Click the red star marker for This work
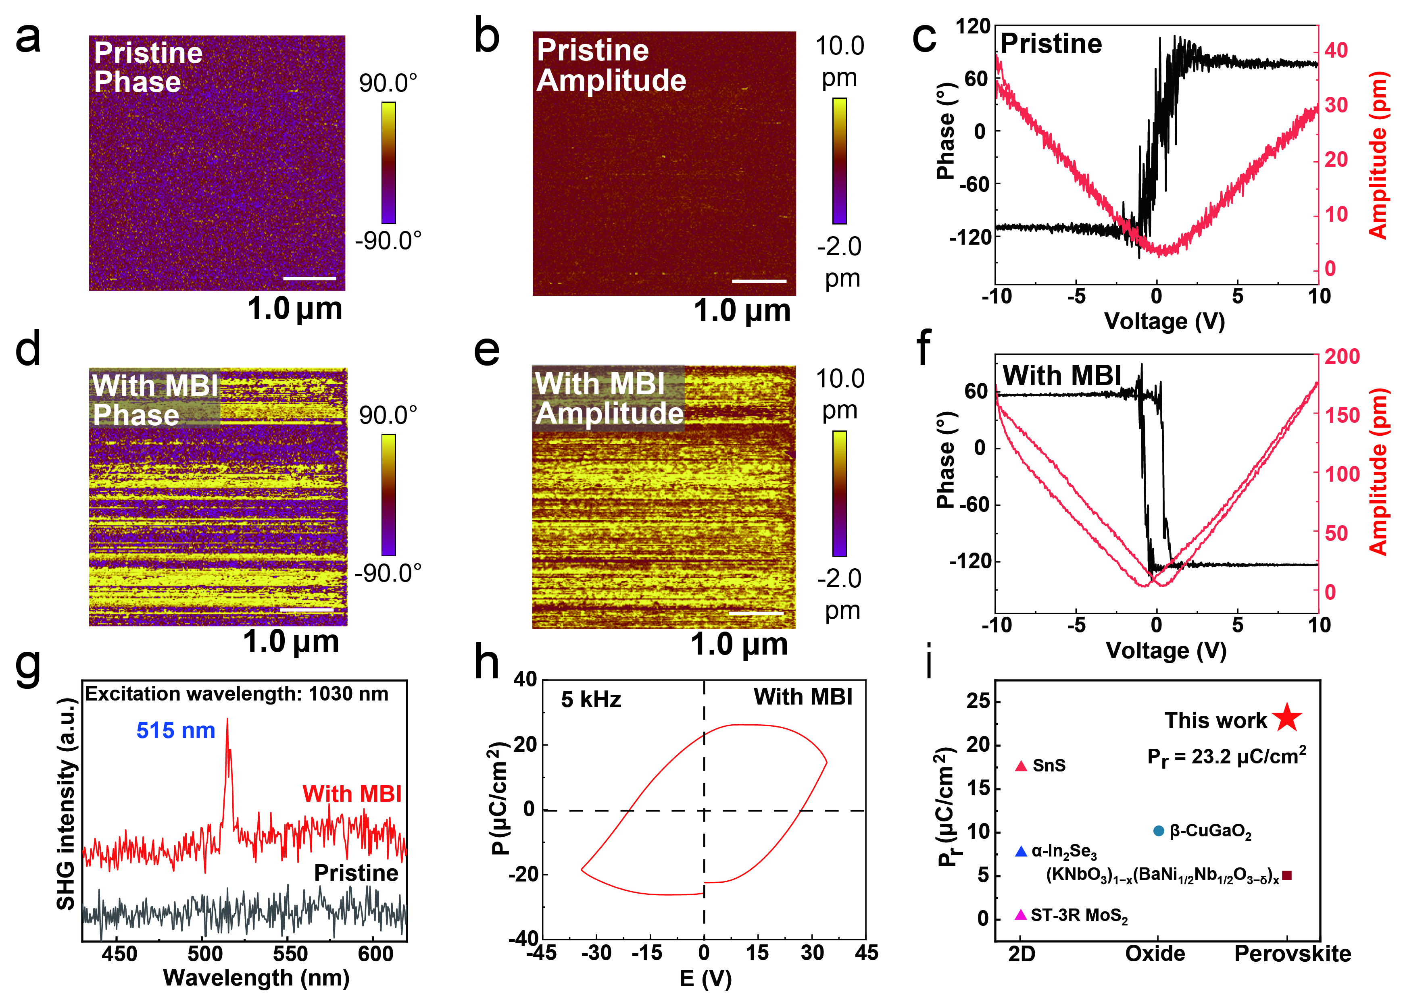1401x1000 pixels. click(1286, 717)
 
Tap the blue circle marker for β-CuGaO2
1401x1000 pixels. click(1158, 831)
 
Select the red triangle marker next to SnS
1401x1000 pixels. click(1021, 766)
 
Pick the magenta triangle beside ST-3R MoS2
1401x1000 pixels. click(1020, 915)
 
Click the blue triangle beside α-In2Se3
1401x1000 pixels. click(1021, 852)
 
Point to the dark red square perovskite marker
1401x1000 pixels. click(1286, 875)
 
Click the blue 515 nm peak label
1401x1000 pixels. click(175, 730)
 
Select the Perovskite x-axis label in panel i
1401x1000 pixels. click(1293, 954)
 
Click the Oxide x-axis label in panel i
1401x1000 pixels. click(1155, 954)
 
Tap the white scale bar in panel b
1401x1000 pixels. click(759, 281)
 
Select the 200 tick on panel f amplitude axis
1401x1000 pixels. click(1343, 357)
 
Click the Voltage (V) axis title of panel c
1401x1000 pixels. click(1164, 321)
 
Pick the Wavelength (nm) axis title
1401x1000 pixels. click(256, 978)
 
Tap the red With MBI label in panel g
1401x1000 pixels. click(352, 794)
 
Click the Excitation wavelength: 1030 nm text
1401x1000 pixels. click(237, 694)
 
